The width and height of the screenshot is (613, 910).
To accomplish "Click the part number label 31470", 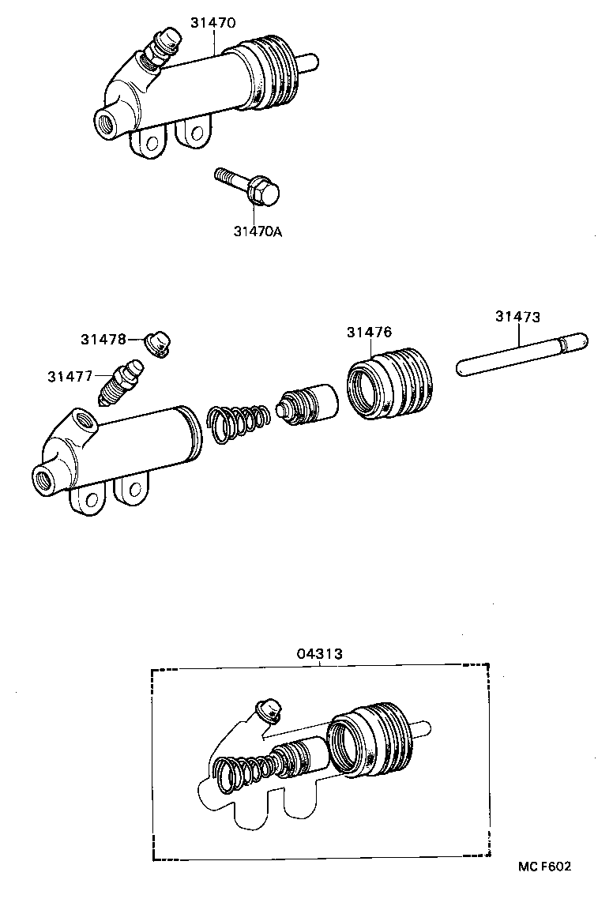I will (212, 23).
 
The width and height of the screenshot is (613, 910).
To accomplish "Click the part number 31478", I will (103, 339).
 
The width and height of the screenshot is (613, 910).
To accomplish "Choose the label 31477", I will (70, 376).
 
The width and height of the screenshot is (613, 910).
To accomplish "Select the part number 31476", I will (369, 333).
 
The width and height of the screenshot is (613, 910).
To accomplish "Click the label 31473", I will (517, 317).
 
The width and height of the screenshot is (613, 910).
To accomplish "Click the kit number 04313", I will (319, 653).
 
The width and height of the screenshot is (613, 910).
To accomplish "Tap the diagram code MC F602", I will (544, 866).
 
